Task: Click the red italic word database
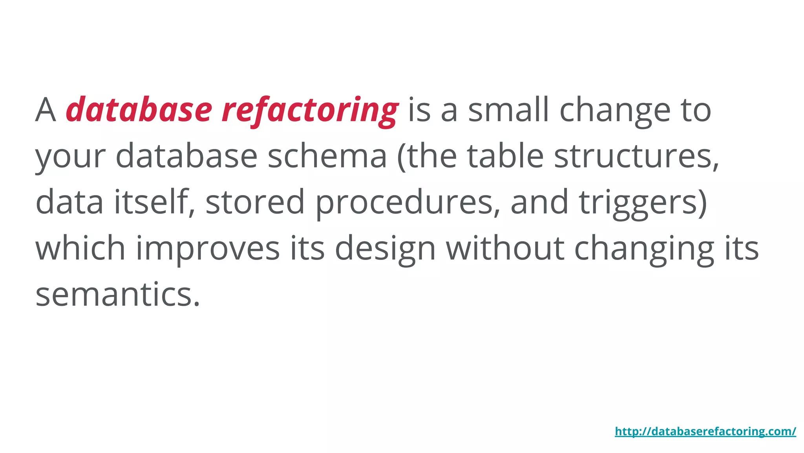[139, 110]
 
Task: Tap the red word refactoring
[310, 111]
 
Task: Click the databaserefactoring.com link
[705, 431]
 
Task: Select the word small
[508, 110]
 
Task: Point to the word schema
[327, 156]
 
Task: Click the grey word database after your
[186, 156]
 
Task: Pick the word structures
[636, 156]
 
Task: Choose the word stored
[255, 202]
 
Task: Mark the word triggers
[643, 203]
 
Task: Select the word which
[80, 248]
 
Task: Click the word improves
[208, 249]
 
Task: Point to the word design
[385, 249]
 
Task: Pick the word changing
[644, 249]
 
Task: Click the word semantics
[118, 294]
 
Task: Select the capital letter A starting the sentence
[46, 110]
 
